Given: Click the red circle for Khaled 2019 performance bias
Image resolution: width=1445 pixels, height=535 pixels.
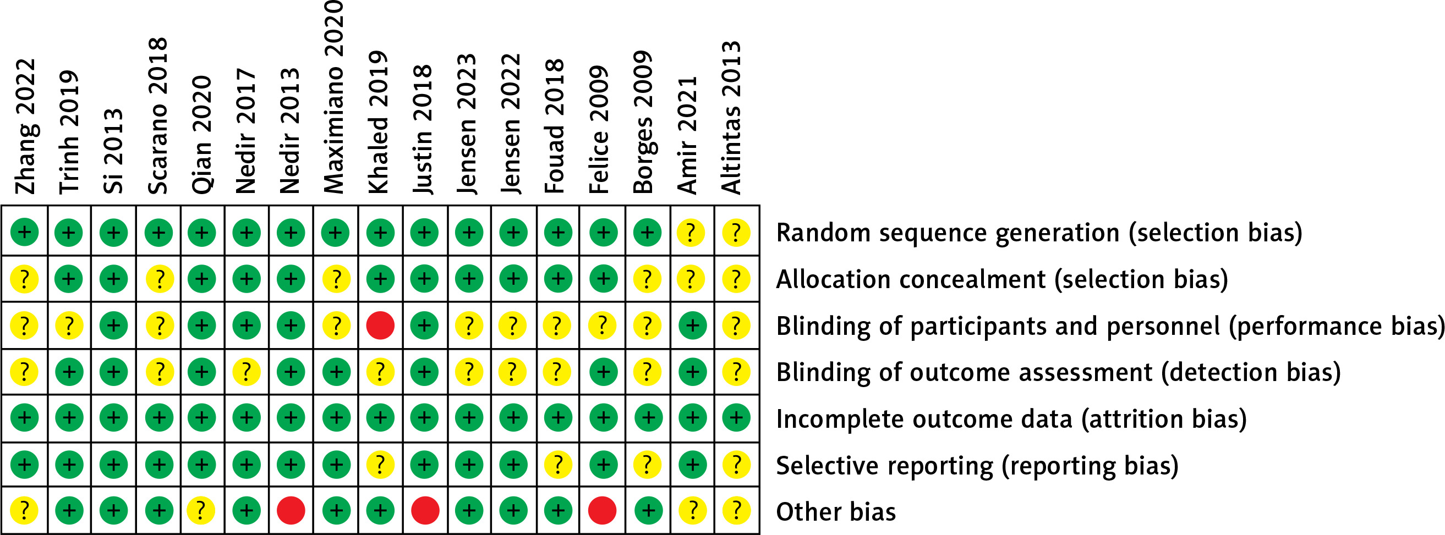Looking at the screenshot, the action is (x=380, y=326).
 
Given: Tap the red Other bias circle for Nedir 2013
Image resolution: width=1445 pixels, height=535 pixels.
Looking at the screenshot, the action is (x=291, y=510).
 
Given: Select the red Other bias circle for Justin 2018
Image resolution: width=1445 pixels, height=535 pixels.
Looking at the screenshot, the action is (x=425, y=510).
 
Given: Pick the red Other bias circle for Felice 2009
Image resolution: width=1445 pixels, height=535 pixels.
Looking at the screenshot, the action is (x=603, y=510).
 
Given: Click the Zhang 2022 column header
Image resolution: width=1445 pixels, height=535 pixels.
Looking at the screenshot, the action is (x=25, y=126).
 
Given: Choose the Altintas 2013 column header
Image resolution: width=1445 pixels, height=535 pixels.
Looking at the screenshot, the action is (x=731, y=117).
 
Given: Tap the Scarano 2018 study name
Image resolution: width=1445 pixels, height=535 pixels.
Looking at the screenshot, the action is (x=157, y=115).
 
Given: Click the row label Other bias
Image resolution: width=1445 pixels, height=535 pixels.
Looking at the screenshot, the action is (x=836, y=511).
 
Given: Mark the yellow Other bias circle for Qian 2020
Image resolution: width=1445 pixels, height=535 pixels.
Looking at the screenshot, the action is (x=201, y=510).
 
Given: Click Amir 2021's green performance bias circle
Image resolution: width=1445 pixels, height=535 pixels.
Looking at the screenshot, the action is (x=693, y=326).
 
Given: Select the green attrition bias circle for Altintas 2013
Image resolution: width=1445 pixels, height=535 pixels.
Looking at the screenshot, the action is (x=736, y=417).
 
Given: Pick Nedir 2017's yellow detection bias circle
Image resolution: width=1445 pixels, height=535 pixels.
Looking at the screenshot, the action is (x=247, y=371).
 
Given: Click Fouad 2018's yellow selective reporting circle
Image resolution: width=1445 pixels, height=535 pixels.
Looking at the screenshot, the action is (x=557, y=464).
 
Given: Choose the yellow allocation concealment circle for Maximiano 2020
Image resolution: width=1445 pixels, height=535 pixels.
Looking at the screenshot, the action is (x=336, y=279).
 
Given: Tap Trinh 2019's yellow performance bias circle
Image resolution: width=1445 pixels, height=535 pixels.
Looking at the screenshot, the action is (x=69, y=326).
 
